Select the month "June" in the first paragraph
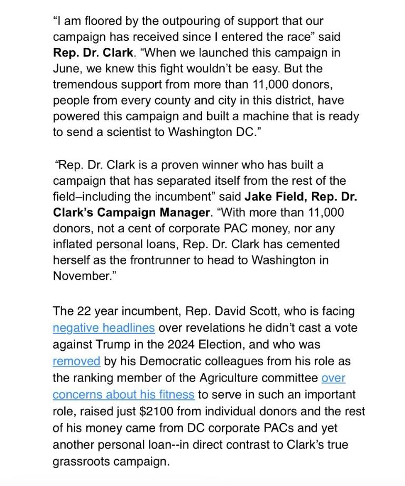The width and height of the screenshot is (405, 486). coord(66,69)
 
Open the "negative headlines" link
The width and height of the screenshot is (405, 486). coord(104,328)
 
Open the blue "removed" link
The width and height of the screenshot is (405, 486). coord(76,361)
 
